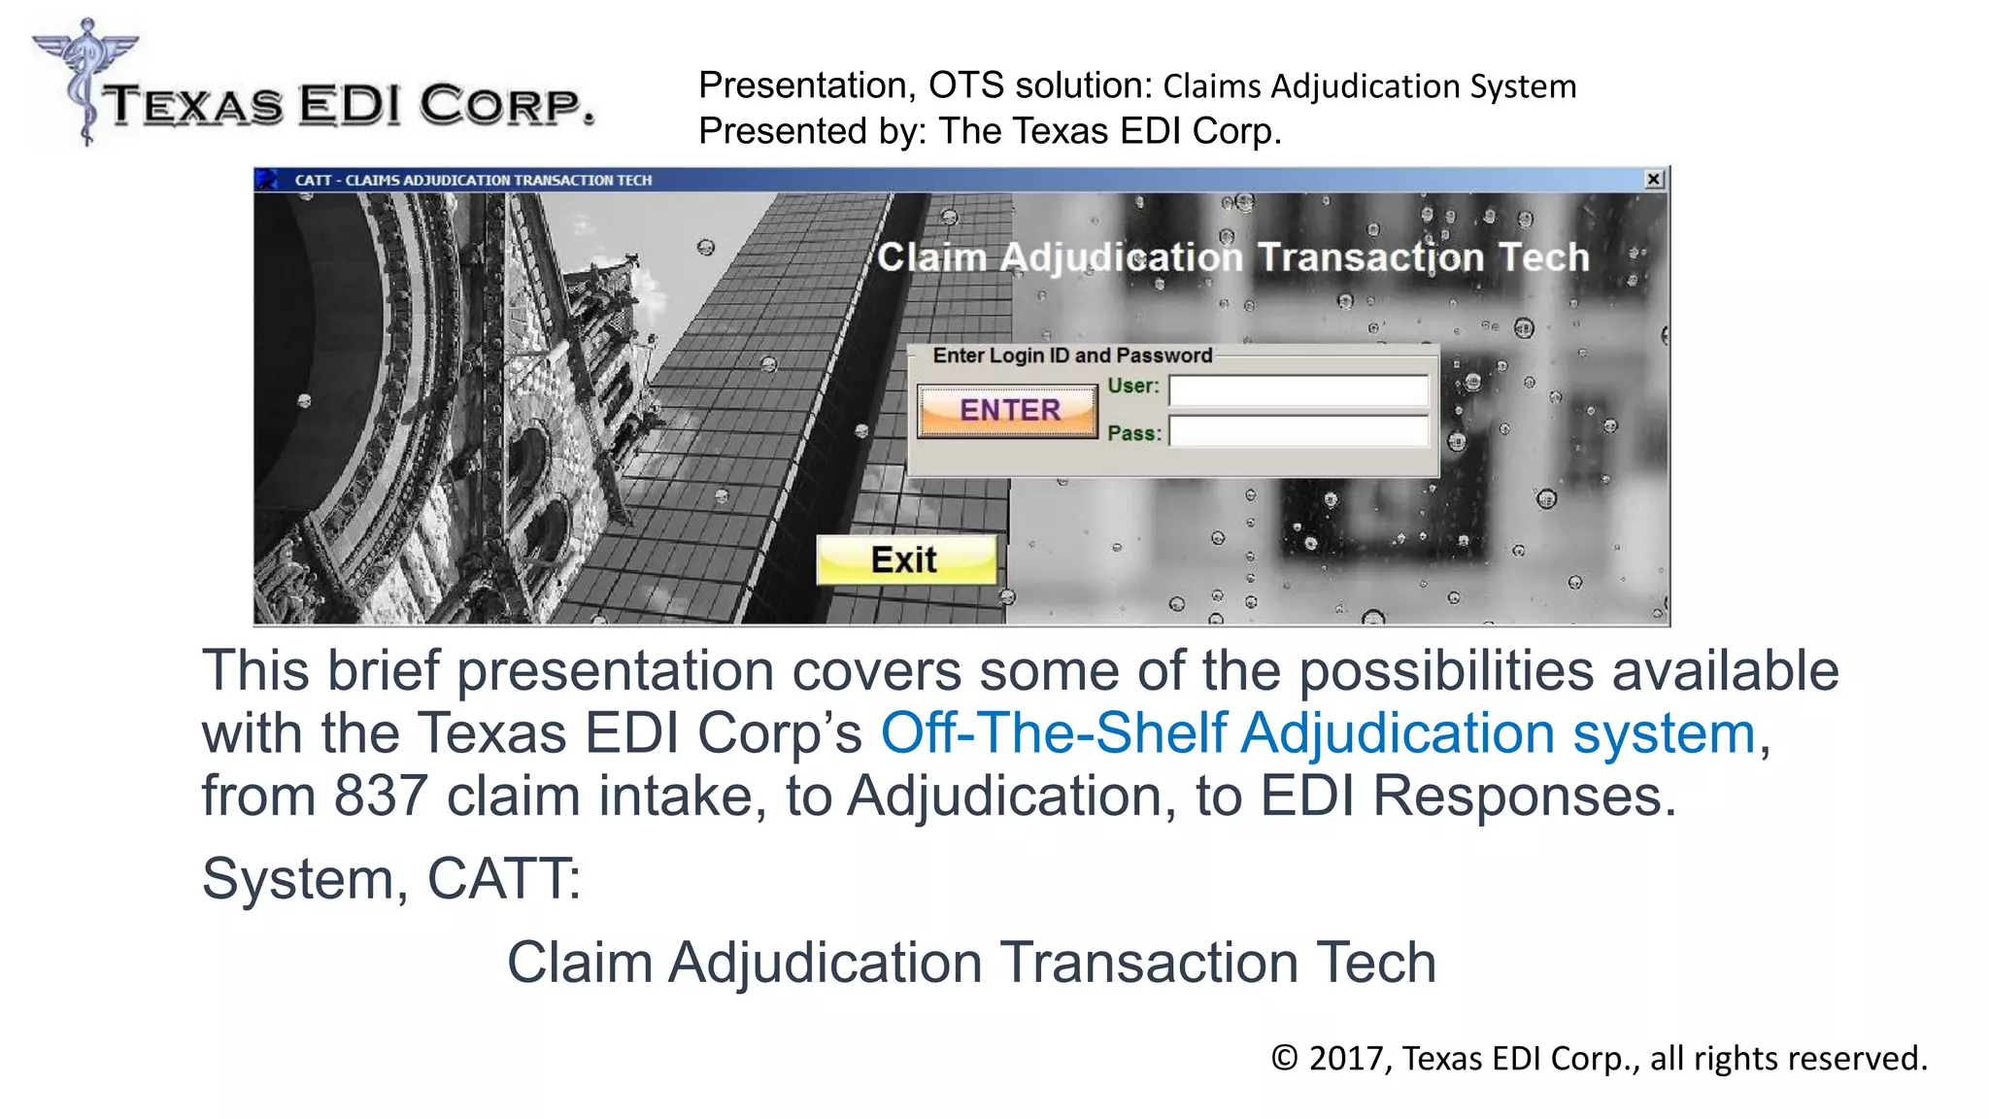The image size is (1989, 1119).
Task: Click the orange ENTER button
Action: click(1008, 411)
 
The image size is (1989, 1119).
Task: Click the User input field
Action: click(1298, 390)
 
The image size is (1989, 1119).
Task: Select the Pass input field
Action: click(1298, 431)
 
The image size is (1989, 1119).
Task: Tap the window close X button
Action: click(1654, 180)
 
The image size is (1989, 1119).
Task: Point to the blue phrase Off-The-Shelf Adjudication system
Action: click(1318, 732)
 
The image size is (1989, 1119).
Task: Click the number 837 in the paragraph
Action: click(381, 796)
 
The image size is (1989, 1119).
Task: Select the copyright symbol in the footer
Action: click(1285, 1058)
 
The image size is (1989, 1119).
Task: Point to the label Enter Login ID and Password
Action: click(1072, 356)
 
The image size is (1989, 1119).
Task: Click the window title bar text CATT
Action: click(313, 180)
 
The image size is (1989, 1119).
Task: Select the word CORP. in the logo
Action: click(507, 105)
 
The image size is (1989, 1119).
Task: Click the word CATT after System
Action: click(499, 879)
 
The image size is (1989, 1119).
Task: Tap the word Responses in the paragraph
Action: click(1524, 796)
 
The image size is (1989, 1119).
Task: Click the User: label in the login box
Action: click(1133, 386)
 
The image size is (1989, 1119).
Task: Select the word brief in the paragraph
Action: click(384, 670)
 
